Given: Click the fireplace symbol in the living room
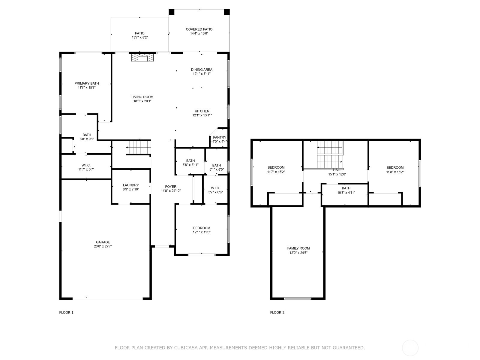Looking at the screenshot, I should [143, 58].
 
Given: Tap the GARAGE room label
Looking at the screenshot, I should [103, 242].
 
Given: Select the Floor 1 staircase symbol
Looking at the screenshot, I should [138, 147].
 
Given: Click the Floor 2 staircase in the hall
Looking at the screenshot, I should [330, 155].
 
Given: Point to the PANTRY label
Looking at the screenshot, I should [220, 137].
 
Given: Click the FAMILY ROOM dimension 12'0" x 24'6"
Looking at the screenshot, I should [298, 253].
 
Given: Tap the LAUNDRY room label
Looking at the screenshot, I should [131, 185].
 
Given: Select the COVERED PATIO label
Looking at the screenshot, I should [199, 29].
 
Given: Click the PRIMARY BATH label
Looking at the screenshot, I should [87, 83].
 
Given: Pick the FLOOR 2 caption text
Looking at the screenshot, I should [277, 312].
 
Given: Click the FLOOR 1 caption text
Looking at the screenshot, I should [66, 312].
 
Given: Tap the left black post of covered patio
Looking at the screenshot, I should [171, 12].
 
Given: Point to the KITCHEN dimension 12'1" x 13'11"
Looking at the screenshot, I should [202, 115].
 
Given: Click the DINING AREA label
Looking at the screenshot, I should [202, 70].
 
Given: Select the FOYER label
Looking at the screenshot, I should [171, 187].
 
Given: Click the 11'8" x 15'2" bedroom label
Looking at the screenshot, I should [395, 167].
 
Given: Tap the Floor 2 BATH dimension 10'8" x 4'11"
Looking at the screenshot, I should [346, 193].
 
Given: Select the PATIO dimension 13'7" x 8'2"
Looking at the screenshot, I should [139, 37].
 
